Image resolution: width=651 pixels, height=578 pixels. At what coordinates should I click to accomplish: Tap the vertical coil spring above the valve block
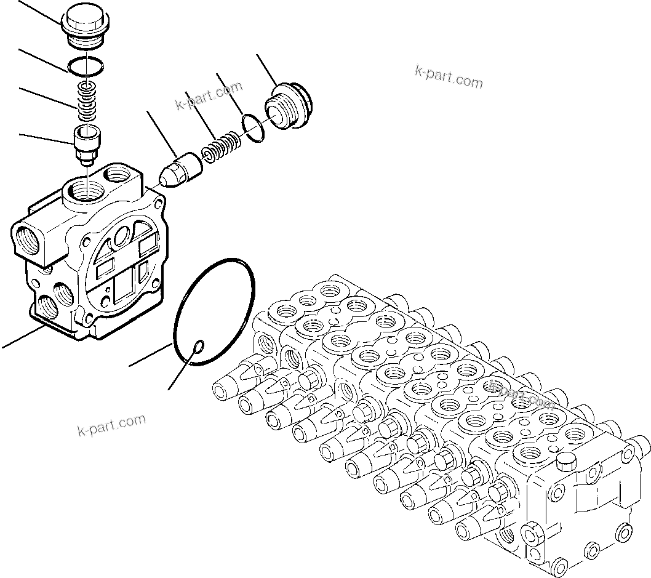[87, 99]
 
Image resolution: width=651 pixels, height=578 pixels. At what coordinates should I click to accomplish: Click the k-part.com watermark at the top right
[449, 76]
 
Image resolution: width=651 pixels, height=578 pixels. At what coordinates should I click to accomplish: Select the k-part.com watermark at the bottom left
[111, 424]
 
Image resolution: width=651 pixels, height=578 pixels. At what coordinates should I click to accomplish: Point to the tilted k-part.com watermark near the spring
[209, 97]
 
